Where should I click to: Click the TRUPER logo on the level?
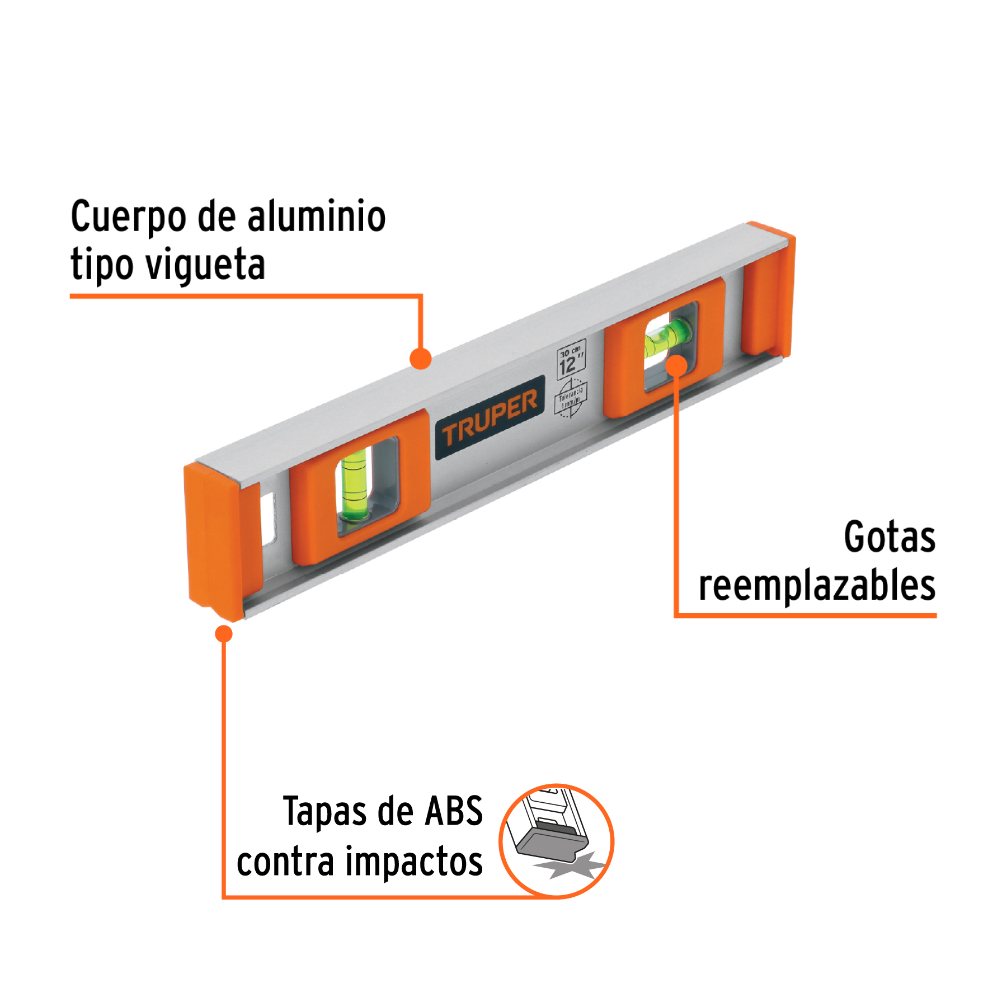490,417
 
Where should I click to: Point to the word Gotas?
890,537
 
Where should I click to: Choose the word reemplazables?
817,586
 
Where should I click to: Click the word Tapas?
324,811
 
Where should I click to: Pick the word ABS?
454,811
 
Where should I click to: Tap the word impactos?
413,861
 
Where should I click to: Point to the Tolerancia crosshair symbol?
571,398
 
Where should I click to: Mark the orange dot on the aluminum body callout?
420,359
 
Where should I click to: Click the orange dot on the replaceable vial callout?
676,365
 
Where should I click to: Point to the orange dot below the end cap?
224,634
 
